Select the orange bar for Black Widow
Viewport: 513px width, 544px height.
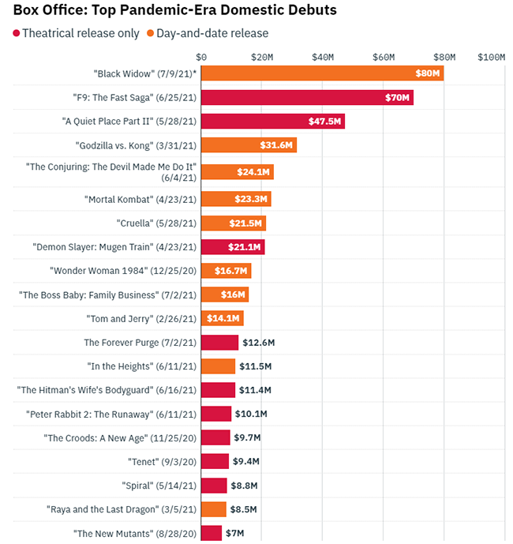pyautogui.click(x=322, y=73)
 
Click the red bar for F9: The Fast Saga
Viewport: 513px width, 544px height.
pyautogui.click(x=307, y=98)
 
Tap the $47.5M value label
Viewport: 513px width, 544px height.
pyautogui.click(x=324, y=122)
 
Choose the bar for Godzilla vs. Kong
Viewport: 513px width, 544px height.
pyautogui.click(x=249, y=145)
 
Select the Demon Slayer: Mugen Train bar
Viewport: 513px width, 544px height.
pyautogui.click(x=233, y=247)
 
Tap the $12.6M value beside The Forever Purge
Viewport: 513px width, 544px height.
pyautogui.click(x=258, y=343)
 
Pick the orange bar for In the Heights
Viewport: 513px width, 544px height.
pyautogui.click(x=218, y=366)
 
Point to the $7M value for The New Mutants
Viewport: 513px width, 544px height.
pyautogui.click(x=235, y=533)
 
